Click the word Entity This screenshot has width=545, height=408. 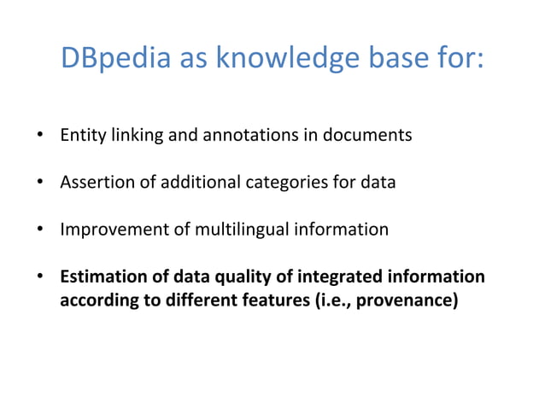[x=79, y=135]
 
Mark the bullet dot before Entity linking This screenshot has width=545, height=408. [x=40, y=136]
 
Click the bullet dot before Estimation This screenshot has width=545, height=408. [x=40, y=278]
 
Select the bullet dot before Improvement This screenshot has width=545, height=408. [x=40, y=230]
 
